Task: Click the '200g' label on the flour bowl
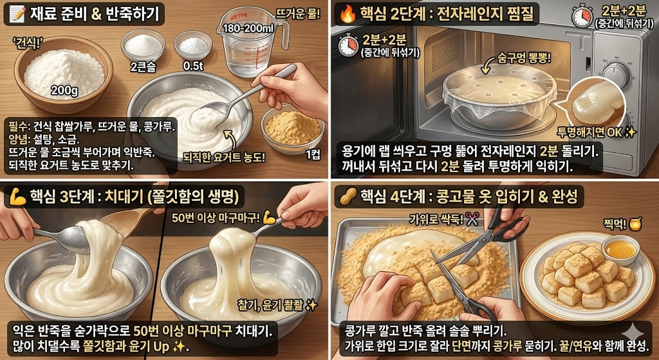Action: tap(64, 90)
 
